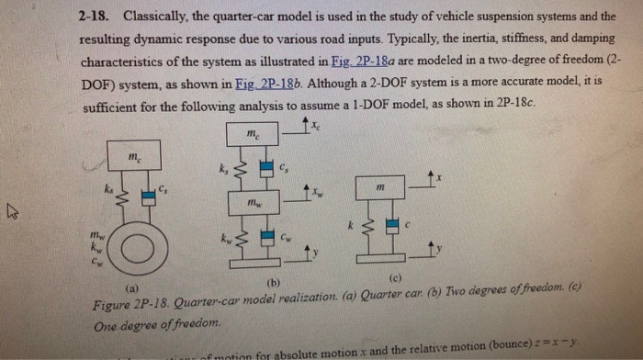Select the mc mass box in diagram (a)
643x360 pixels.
point(137,159)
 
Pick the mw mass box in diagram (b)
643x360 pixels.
point(252,201)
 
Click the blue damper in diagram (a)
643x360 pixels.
point(146,196)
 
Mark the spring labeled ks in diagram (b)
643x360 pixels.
point(238,169)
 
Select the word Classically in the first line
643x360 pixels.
point(158,17)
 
